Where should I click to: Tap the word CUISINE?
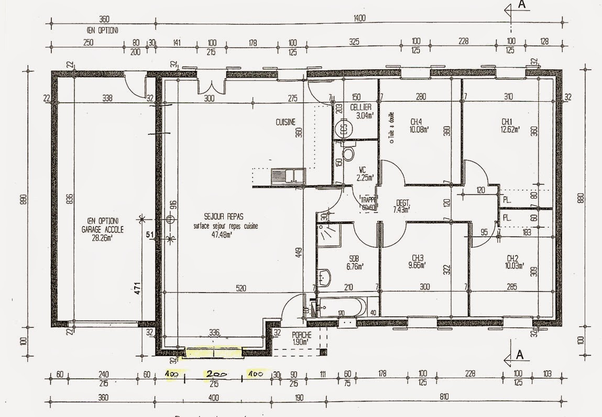pyautogui.click(x=286, y=122)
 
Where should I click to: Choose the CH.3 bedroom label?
pyautogui.click(x=417, y=258)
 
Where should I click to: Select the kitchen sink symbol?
pyautogui.click(x=288, y=175)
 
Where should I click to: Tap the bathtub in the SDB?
pyautogui.click(x=341, y=306)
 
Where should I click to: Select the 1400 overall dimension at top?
pyautogui.click(x=359, y=18)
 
